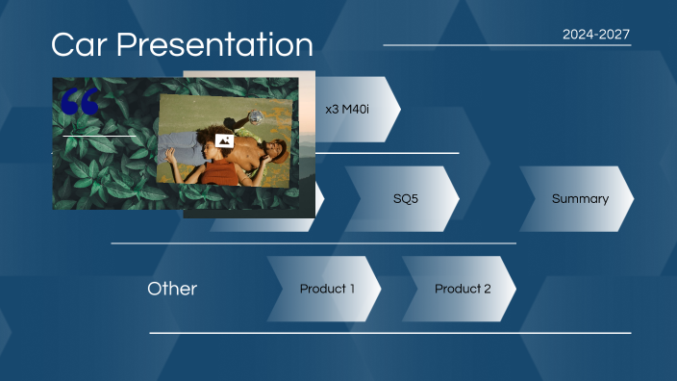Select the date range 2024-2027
(x=595, y=34)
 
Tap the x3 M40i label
(x=347, y=110)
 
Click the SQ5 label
(x=405, y=199)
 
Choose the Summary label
(x=579, y=199)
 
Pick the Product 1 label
(x=327, y=289)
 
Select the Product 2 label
(x=463, y=289)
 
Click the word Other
(x=172, y=289)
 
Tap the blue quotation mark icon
(x=79, y=101)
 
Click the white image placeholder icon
(x=224, y=140)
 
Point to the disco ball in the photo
(x=256, y=116)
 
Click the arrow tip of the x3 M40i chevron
(x=399, y=110)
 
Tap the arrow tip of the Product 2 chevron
(x=515, y=289)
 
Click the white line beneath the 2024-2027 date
(x=507, y=45)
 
